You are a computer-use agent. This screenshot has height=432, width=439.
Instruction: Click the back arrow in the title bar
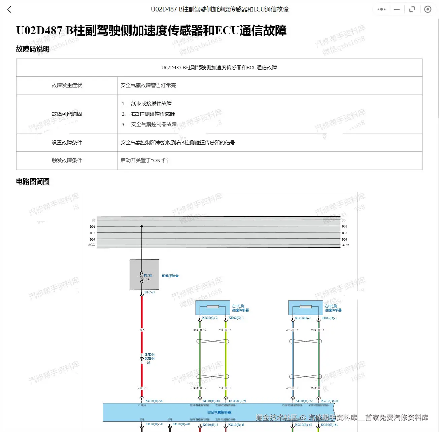click(x=9, y=9)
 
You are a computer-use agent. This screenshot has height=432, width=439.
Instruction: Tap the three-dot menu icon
click(x=381, y=9)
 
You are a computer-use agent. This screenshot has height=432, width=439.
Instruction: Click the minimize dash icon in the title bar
click(x=397, y=9)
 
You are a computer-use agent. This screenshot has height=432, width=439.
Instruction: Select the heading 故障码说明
click(x=33, y=49)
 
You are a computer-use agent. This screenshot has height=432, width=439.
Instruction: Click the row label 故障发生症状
click(x=67, y=85)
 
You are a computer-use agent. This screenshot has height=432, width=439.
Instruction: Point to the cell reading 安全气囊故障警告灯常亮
click(x=148, y=85)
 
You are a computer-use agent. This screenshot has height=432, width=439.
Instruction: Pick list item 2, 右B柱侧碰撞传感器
click(x=153, y=114)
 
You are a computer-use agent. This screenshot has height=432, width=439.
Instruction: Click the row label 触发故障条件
click(x=67, y=160)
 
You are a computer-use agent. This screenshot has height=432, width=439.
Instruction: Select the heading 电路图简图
click(x=33, y=182)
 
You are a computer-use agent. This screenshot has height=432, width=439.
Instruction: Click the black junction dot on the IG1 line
click(x=142, y=226)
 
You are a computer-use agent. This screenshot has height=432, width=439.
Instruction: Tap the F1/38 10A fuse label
click(x=147, y=277)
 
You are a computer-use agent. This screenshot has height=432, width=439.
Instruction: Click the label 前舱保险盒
click(x=170, y=276)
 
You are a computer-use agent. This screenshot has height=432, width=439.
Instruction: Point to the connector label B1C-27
click(x=150, y=292)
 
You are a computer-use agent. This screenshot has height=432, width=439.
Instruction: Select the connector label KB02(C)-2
click(x=210, y=318)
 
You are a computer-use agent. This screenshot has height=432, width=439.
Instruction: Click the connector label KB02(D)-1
click(x=329, y=318)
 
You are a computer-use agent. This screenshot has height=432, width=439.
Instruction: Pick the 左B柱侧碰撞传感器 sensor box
click(x=213, y=308)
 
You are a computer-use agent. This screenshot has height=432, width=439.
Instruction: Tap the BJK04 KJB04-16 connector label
click(x=150, y=359)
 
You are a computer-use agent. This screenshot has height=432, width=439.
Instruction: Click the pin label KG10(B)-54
click(x=154, y=401)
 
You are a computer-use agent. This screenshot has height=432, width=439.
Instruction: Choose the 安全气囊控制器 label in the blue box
click(x=219, y=412)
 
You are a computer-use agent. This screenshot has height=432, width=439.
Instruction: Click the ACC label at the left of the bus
click(x=92, y=245)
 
